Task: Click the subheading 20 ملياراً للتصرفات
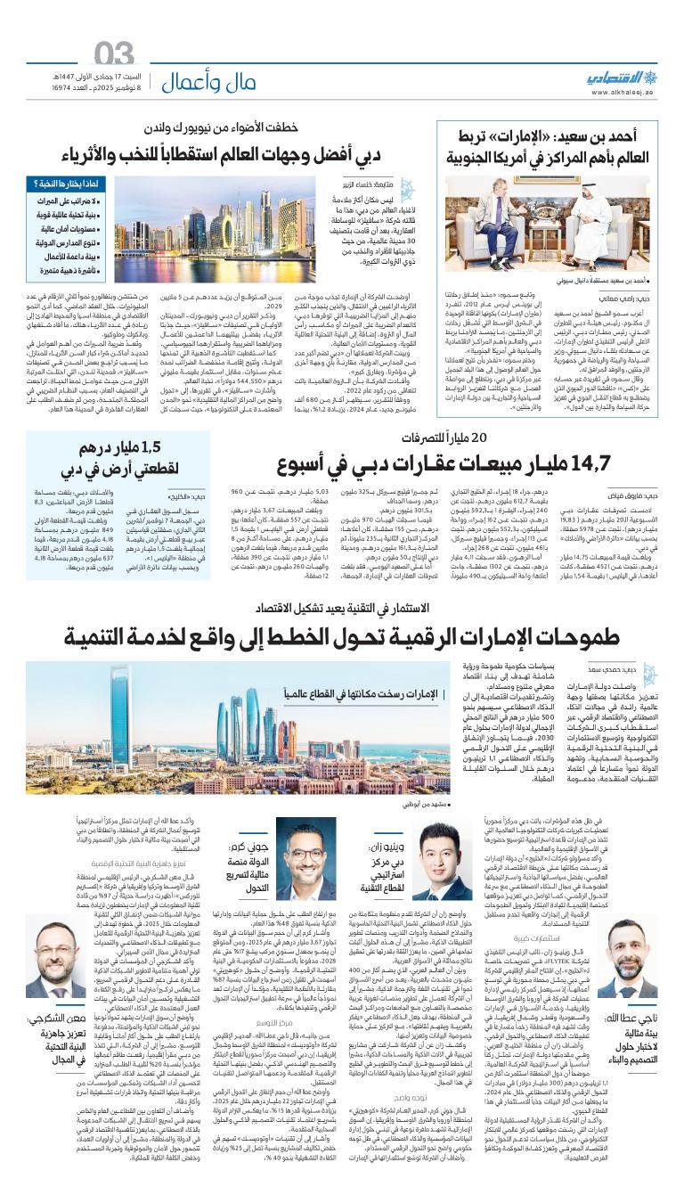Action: click(444, 438)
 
